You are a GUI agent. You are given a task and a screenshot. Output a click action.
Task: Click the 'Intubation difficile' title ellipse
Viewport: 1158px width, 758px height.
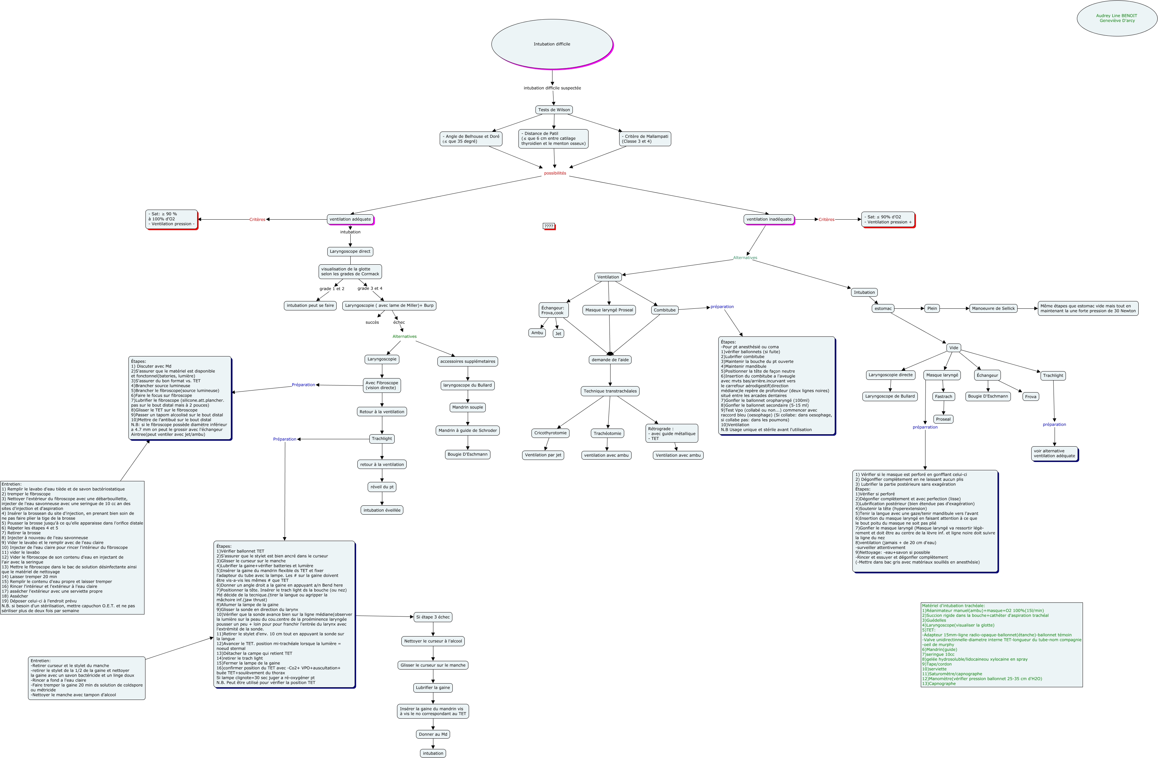[552, 44]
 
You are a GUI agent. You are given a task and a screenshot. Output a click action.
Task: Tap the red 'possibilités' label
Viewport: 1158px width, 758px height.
[555, 173]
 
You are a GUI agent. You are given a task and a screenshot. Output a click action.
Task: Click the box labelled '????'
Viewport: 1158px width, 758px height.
[549, 226]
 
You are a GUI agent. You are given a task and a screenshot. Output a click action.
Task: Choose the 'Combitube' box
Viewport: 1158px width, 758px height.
[665, 310]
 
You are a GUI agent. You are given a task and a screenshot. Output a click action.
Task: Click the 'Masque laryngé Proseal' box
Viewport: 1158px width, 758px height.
[609, 310]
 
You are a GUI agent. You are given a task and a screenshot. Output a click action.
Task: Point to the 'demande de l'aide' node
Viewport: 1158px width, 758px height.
[610, 360]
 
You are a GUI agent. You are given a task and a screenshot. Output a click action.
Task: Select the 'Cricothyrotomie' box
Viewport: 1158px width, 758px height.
[550, 433]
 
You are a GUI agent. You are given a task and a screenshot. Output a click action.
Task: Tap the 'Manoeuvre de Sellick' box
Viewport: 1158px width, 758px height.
[993, 308]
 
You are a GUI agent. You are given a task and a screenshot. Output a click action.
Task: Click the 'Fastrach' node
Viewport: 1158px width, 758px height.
[943, 396]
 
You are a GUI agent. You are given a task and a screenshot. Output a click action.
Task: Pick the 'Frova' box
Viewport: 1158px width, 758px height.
[1031, 396]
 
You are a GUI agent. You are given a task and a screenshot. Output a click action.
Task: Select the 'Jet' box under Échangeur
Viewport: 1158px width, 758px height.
[558, 333]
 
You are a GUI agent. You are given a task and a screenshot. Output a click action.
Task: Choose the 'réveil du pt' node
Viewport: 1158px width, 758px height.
[382, 487]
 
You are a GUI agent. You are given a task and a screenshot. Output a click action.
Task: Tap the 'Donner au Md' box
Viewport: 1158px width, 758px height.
[433, 734]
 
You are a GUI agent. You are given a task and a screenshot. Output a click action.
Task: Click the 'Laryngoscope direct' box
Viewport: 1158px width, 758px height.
[350, 252]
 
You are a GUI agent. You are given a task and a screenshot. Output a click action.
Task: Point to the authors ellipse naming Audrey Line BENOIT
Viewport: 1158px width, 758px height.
[1117, 18]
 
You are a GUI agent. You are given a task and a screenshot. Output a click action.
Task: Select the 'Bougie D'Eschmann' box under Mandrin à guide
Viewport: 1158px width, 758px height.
[468, 454]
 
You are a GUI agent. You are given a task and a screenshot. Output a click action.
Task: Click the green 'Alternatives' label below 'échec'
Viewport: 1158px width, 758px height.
[404, 336]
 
